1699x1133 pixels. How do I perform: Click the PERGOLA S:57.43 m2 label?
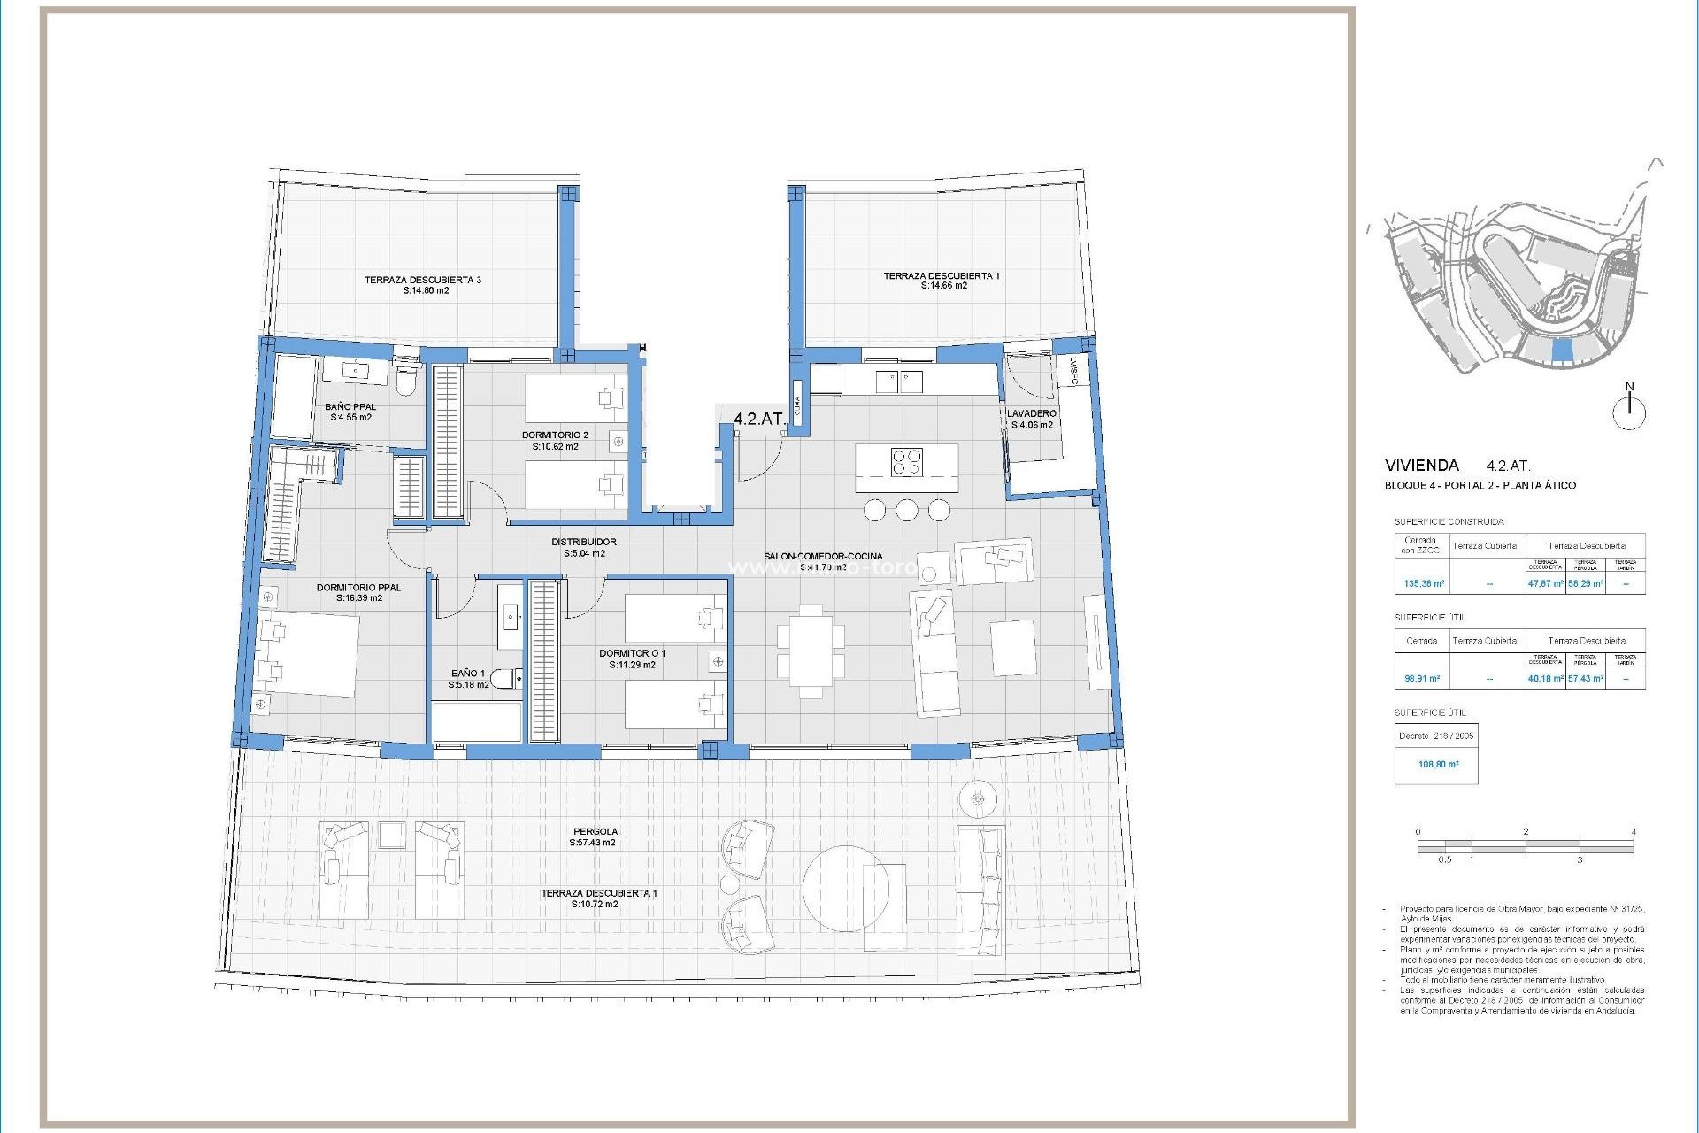click(x=595, y=837)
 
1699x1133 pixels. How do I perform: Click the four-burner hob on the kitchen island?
click(x=906, y=462)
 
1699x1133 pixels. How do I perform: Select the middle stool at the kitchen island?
click(x=906, y=510)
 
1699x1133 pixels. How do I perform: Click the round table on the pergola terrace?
click(x=845, y=888)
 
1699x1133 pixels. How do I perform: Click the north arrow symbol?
click(x=1629, y=412)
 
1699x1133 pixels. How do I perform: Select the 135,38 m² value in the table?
click(x=1424, y=583)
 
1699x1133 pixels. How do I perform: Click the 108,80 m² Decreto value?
click(x=1438, y=764)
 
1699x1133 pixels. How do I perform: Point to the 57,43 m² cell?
click(x=1585, y=679)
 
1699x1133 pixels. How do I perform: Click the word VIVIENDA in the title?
click(x=1421, y=466)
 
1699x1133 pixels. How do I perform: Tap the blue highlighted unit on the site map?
click(x=1564, y=351)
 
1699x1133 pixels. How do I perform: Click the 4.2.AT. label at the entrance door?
click(x=758, y=419)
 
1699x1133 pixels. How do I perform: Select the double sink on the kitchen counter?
click(x=899, y=382)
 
